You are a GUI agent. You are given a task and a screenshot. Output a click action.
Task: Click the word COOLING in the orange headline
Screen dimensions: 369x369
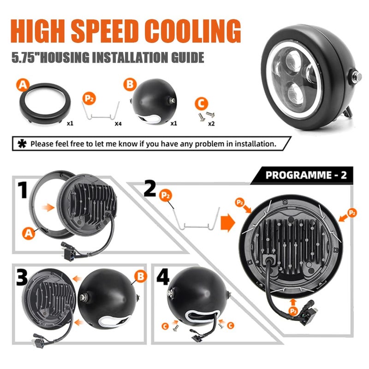tap(192, 31)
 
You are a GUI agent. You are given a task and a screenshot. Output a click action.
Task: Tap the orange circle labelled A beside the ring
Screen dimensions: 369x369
tap(23, 85)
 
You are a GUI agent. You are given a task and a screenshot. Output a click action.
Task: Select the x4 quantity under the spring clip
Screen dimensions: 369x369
tap(118, 124)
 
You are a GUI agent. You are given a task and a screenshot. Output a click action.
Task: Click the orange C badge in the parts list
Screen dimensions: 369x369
tap(202, 103)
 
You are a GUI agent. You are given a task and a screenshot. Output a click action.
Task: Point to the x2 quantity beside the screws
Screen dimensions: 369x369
tap(211, 124)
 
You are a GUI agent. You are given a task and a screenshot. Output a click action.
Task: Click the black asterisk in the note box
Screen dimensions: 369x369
tap(22, 143)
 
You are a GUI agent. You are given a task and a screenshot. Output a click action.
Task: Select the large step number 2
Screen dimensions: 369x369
tap(150, 188)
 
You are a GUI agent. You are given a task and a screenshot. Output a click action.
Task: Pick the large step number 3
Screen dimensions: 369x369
tap(22, 277)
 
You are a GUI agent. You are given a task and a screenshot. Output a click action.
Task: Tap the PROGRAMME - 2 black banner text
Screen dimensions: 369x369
tap(306, 175)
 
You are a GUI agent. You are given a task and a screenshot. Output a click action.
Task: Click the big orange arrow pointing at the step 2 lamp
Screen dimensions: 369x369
tap(228, 222)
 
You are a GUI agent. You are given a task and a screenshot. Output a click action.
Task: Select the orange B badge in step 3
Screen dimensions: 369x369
tap(141, 276)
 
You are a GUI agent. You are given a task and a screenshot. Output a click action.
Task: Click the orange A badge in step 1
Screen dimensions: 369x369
tap(28, 233)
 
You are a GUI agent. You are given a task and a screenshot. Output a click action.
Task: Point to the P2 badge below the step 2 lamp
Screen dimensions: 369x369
tap(293, 311)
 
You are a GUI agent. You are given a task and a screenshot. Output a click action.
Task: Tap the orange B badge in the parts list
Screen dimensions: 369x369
tap(130, 84)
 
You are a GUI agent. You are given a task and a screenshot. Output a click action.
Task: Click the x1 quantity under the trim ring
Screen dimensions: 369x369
tap(70, 123)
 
